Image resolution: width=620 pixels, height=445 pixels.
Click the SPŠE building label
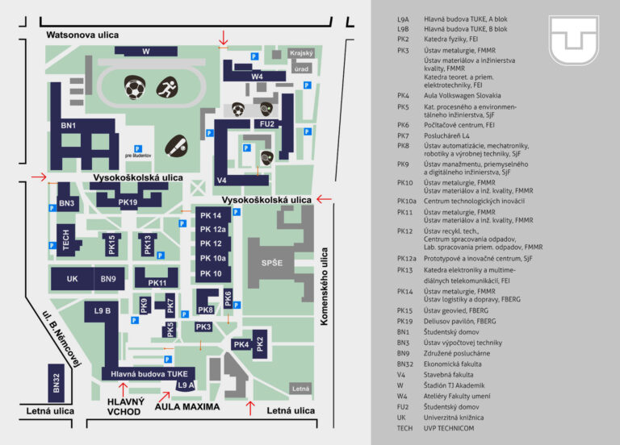pos(272,264)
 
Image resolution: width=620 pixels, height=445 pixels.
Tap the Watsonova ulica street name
pos(82,35)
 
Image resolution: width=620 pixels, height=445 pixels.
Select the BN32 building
pos(57,384)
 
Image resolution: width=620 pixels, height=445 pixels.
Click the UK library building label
pos(73,279)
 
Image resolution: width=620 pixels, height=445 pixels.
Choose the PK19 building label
pos(128,202)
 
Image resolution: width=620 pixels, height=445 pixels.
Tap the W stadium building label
pos(146,52)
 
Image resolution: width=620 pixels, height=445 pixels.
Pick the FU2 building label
pos(267,123)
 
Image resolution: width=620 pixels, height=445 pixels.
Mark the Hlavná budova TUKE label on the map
pos(149,373)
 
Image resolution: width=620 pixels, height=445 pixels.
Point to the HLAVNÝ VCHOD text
pos(125,407)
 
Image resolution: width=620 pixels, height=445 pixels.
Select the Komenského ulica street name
pos(325,286)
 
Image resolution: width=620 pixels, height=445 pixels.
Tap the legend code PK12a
pos(408,258)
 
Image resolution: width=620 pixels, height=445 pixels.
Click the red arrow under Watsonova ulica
pos(224,36)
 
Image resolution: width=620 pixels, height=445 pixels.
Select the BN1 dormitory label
pos(68,126)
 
